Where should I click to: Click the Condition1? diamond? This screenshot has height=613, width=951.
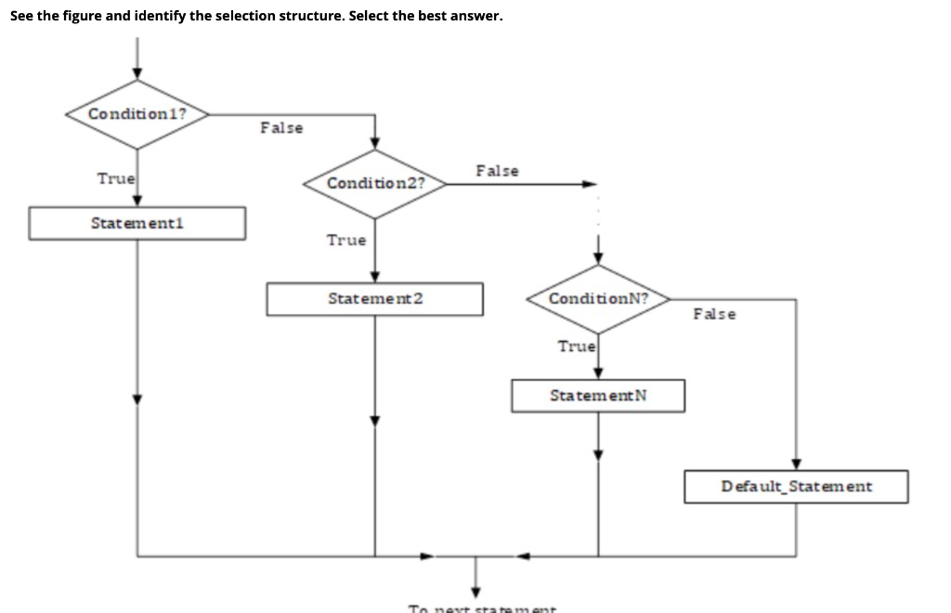pos(137,114)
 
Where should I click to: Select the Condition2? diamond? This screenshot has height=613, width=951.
pos(375,183)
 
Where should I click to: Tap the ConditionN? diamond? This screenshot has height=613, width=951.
pos(598,299)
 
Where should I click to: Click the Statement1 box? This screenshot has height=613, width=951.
pos(137,223)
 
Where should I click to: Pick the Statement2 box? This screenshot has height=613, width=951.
pos(375,299)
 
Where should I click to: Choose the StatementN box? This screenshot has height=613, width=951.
pos(598,396)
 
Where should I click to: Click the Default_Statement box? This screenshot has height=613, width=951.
pos(796,487)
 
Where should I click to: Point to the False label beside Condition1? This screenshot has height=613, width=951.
pos(280,127)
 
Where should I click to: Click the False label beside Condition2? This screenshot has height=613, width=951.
pos(497,171)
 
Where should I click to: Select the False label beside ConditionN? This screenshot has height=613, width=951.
pos(714,314)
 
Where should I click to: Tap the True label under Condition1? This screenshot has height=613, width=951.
pos(116,178)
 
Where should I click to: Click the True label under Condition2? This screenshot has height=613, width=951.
pos(345,241)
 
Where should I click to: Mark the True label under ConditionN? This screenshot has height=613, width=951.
pos(576,346)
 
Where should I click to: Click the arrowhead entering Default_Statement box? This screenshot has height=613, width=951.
pos(796,464)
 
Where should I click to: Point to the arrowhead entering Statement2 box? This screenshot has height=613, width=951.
pos(375,277)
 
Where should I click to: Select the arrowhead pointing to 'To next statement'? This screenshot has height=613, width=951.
pos(475,592)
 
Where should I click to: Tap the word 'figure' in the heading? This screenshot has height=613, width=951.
pos(72,16)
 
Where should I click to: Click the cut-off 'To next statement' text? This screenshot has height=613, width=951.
pos(482,608)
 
